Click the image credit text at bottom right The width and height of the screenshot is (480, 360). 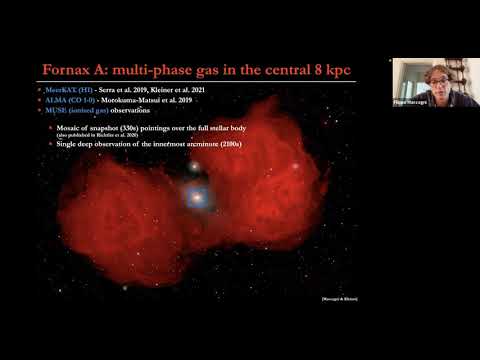pos(338,299)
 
